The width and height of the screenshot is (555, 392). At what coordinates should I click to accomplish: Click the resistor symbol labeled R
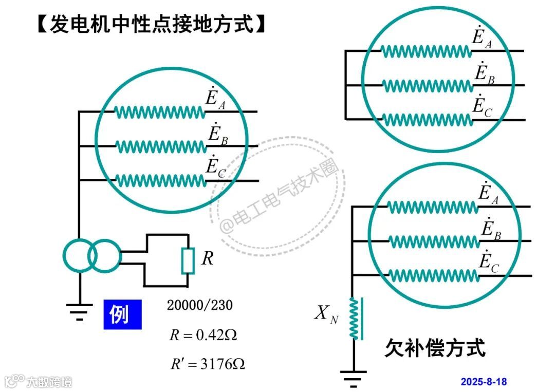pos(188,260)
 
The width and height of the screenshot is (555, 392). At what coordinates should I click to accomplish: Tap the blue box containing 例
pos(122,314)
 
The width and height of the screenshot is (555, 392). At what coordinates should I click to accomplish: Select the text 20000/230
pos(199,305)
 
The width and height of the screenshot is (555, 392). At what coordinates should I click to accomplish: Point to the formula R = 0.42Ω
pos(203,335)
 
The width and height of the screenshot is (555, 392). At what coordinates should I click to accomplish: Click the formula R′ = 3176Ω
pos(208,364)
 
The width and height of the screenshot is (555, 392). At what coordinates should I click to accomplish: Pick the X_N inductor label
pos(326,314)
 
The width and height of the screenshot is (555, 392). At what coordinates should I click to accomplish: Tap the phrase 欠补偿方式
pos(435,348)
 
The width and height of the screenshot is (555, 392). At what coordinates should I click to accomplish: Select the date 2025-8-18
pos(484,382)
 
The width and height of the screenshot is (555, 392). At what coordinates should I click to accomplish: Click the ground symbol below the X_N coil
pos(354,378)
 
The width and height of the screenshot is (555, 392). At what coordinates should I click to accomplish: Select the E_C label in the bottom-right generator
pos(489,263)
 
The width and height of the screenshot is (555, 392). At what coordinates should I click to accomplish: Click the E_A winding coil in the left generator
pos(159,111)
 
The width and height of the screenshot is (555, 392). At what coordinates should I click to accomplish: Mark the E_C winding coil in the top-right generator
pos(425,120)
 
